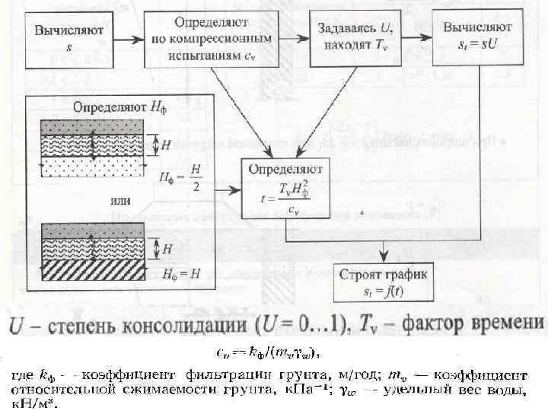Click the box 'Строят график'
[384, 281]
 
